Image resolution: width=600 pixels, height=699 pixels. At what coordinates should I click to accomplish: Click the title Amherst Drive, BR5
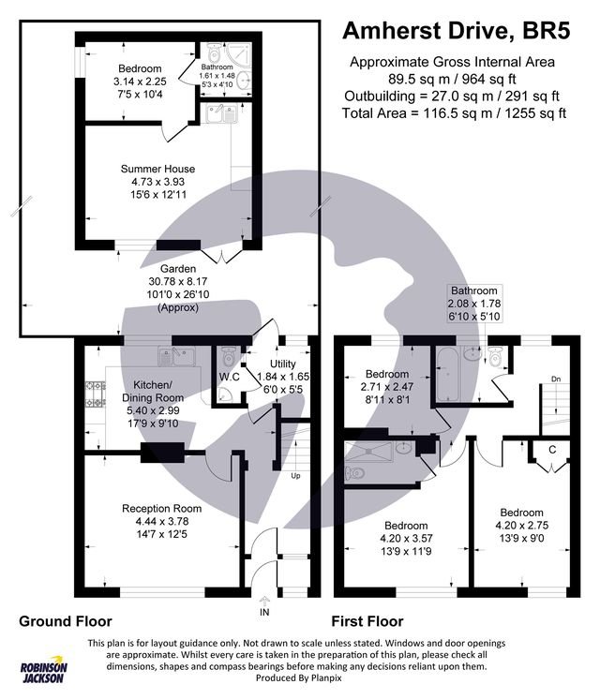tap(456, 32)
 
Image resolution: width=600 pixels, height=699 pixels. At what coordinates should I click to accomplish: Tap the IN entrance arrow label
tap(265, 612)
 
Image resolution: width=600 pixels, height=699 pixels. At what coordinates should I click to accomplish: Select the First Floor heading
tap(367, 620)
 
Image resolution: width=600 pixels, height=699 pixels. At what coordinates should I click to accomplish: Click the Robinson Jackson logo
tap(44, 670)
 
